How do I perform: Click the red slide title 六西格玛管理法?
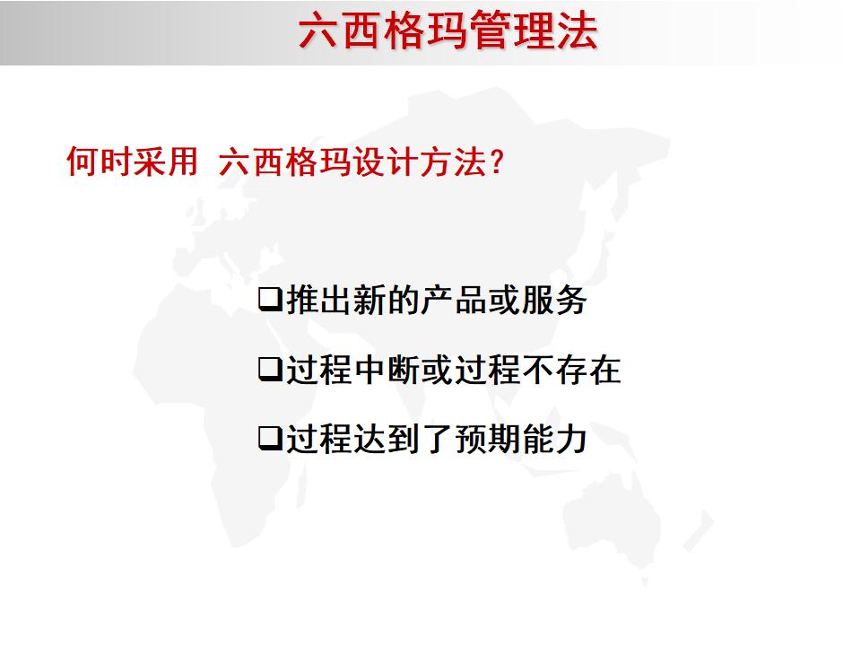click(447, 31)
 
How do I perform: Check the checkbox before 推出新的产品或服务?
click(270, 300)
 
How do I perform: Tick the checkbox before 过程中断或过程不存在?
click(270, 369)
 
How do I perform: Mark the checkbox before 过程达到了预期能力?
click(270, 439)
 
